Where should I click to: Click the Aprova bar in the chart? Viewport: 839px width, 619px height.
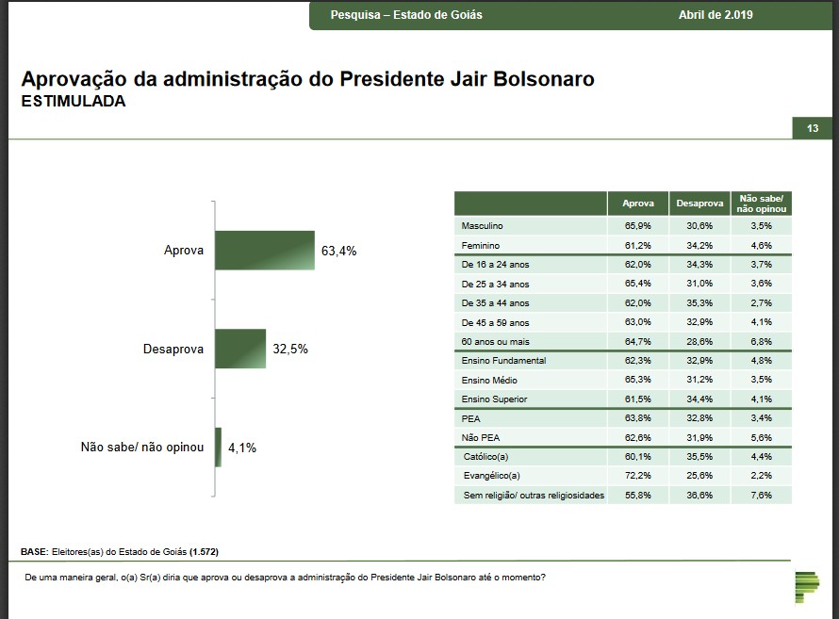(x=264, y=251)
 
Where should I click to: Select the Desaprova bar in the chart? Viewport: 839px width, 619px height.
(x=240, y=349)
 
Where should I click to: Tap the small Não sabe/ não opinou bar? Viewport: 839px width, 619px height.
(x=218, y=448)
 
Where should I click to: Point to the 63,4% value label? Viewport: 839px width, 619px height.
(x=339, y=252)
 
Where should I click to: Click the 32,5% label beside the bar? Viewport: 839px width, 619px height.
(x=290, y=349)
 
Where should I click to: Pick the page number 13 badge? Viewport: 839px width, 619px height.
(x=813, y=128)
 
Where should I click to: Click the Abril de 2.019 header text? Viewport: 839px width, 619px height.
(x=716, y=15)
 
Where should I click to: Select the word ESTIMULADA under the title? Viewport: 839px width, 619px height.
(x=73, y=101)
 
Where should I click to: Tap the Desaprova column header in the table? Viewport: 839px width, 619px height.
(x=699, y=204)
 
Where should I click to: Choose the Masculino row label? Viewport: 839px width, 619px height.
(x=483, y=226)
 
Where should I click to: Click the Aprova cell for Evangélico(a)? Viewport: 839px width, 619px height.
(x=638, y=476)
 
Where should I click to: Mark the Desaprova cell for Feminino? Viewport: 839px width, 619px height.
(x=699, y=246)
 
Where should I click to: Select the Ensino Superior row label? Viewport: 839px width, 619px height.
(x=494, y=399)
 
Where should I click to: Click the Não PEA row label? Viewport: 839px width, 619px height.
(x=480, y=437)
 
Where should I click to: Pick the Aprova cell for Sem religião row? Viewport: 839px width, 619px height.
(x=638, y=495)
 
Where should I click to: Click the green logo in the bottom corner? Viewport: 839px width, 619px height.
(x=806, y=585)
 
